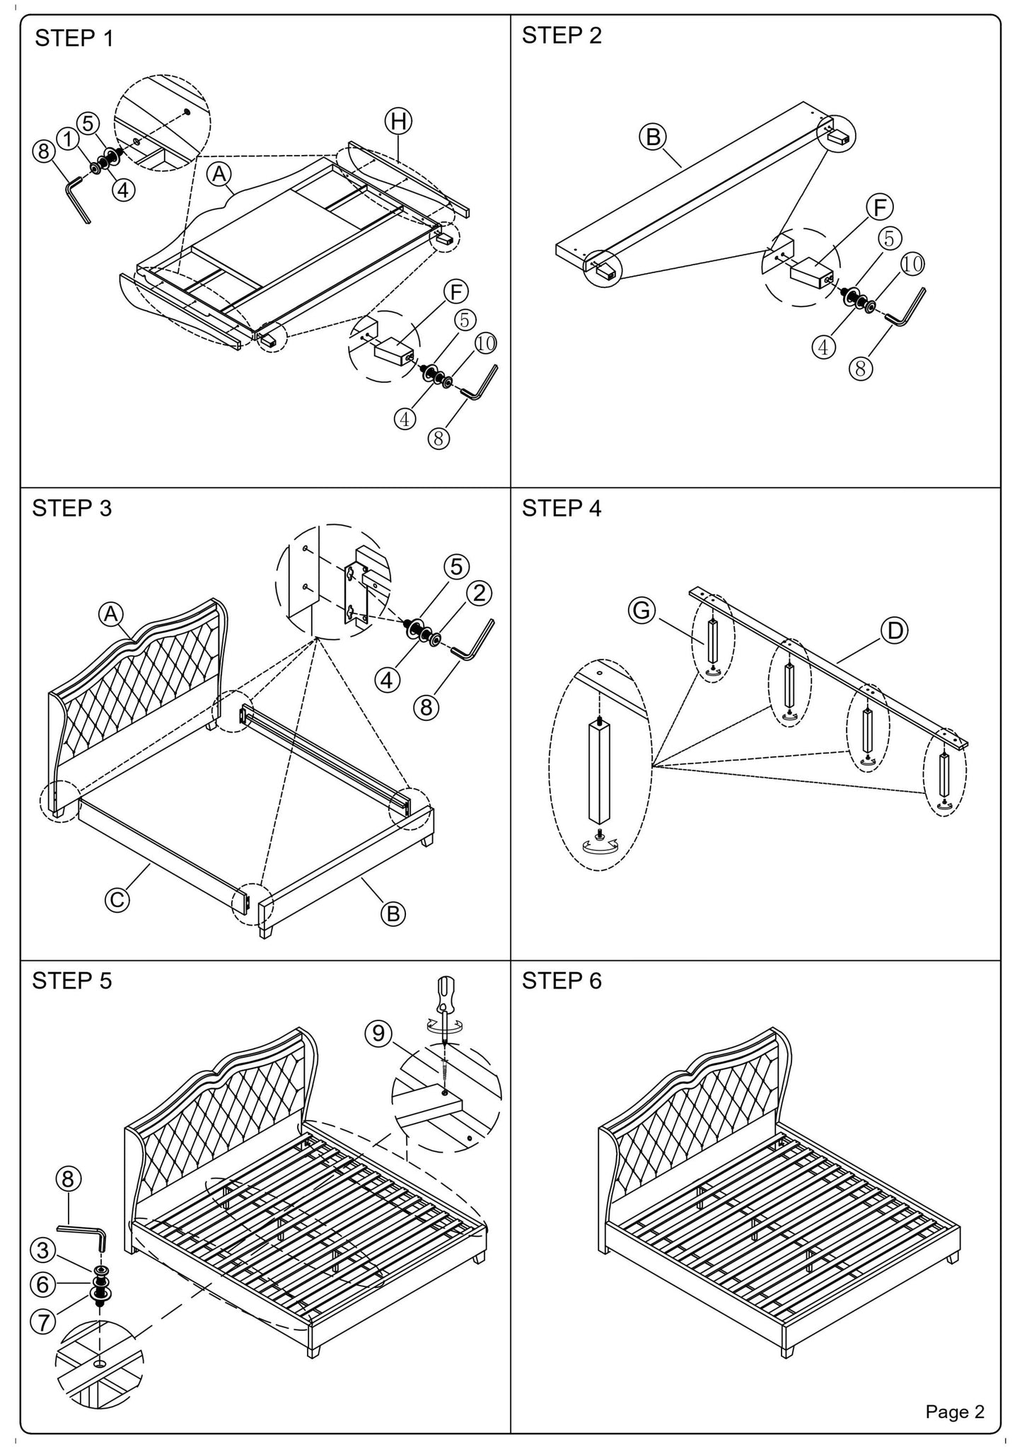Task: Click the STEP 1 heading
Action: (x=74, y=38)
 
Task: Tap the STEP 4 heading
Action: (x=562, y=509)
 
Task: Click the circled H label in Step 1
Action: (x=398, y=121)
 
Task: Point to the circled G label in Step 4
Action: (x=642, y=610)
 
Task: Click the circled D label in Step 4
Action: (x=895, y=630)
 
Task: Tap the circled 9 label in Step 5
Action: (x=379, y=1034)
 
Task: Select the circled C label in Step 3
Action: (x=117, y=899)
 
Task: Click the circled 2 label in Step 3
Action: (x=479, y=593)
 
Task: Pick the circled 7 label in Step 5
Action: (x=44, y=1321)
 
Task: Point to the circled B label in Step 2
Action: (x=653, y=137)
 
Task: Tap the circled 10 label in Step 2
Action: (x=912, y=264)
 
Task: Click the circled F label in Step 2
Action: (x=880, y=208)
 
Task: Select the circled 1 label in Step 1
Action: (x=68, y=139)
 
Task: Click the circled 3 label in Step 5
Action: (x=43, y=1250)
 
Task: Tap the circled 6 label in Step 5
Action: (x=43, y=1284)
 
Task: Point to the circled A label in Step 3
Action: (x=111, y=614)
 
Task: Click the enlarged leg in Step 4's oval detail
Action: (x=600, y=773)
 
